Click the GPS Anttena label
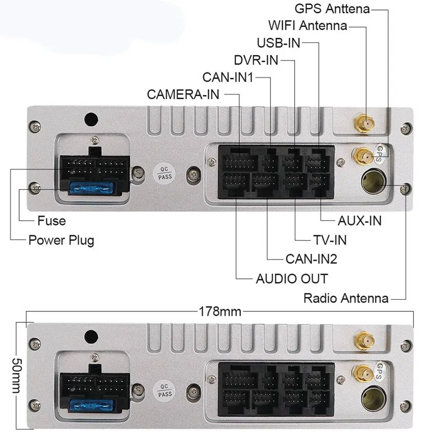click(x=332, y=9)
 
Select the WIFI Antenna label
click(x=308, y=25)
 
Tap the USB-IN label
click(x=278, y=43)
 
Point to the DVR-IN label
click(x=256, y=60)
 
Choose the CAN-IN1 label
click(x=228, y=78)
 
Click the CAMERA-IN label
click(x=183, y=95)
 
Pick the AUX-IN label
click(x=360, y=221)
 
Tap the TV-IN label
click(x=330, y=240)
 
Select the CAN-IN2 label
click(x=311, y=259)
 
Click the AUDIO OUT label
click(x=292, y=279)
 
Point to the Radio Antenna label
click(x=346, y=298)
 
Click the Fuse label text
click(x=52, y=221)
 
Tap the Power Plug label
click(x=61, y=241)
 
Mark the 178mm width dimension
click(x=220, y=312)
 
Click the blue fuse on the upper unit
click(x=91, y=188)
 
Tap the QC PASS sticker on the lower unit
click(x=164, y=391)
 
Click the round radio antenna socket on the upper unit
click(x=373, y=181)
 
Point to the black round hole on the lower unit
click(x=91, y=337)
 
